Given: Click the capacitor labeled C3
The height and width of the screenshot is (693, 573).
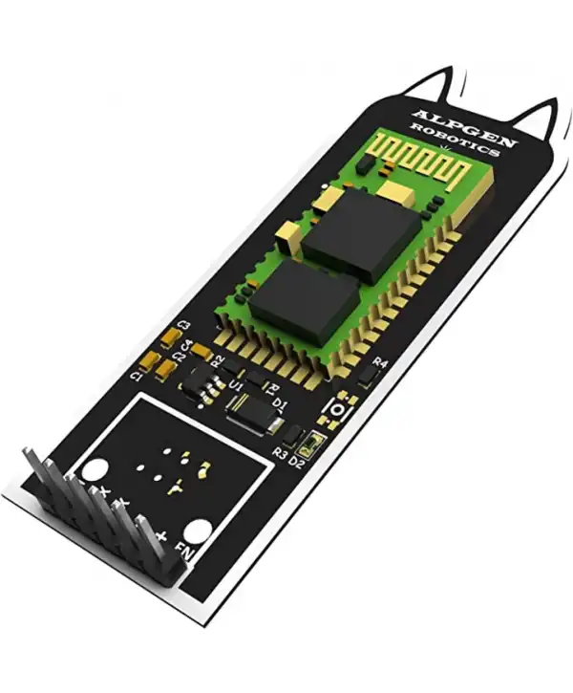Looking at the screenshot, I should click(x=170, y=336).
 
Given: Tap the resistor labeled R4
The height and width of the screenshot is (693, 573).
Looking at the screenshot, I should click(x=368, y=379).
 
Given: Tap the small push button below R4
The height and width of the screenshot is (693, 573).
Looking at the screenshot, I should click(x=337, y=408).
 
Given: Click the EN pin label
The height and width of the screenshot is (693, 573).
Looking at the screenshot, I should click(x=184, y=558).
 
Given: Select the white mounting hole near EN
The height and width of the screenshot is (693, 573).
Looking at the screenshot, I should click(x=197, y=531).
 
